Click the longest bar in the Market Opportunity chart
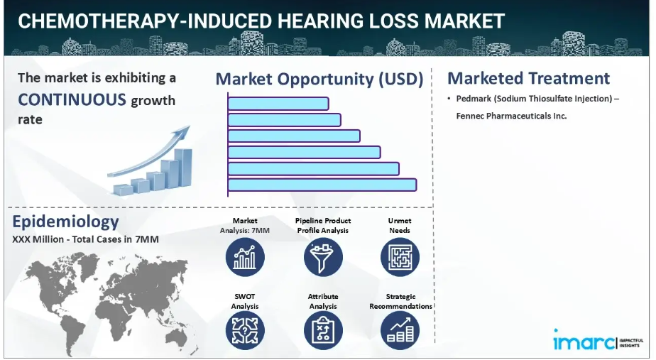[322, 185]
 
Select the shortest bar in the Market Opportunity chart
[278, 104]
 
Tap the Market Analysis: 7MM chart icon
[245, 257]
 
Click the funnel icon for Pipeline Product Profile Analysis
[323, 257]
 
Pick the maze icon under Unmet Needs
[400, 257]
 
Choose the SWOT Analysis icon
[245, 331]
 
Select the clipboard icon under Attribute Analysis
[323, 331]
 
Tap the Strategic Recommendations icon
[400, 331]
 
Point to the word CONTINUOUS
[72, 99]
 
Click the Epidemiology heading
[65, 222]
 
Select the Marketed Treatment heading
[528, 78]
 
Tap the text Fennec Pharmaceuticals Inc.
[511, 116]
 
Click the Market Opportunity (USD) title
[319, 79]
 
